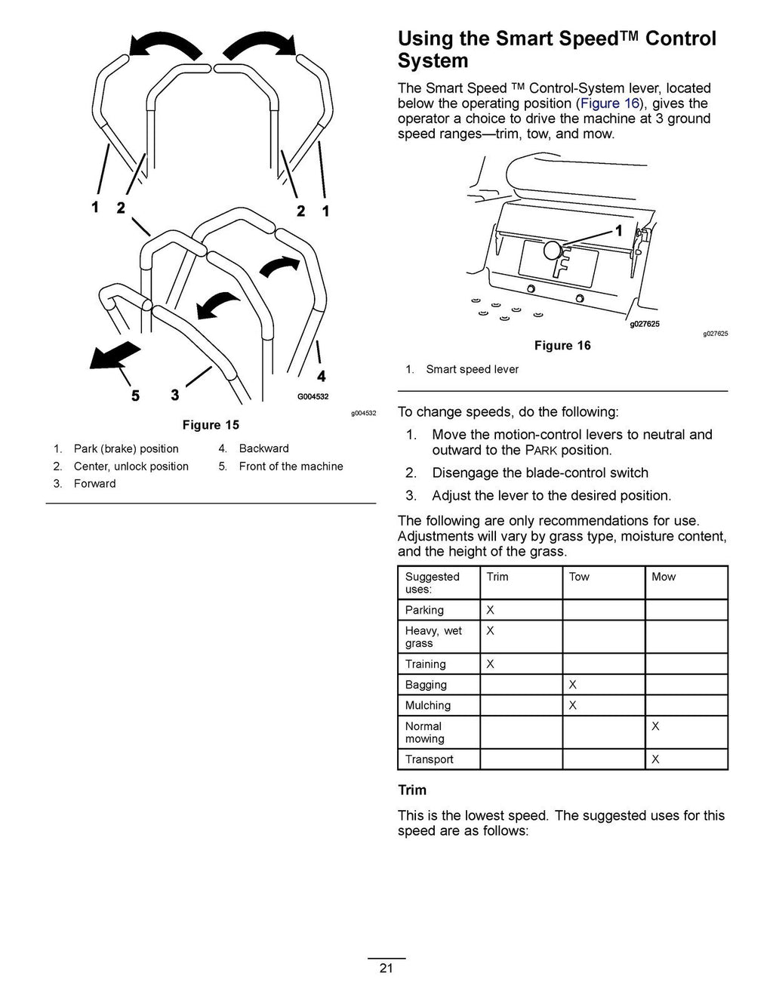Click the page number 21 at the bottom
(x=386, y=969)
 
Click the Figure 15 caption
(x=211, y=425)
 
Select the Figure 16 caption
(x=562, y=346)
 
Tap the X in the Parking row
(x=490, y=610)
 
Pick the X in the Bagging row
(x=572, y=685)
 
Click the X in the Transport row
(x=655, y=759)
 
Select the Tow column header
(x=579, y=577)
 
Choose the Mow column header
(x=664, y=577)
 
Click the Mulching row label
(x=427, y=705)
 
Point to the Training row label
(x=425, y=664)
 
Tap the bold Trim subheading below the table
(x=412, y=790)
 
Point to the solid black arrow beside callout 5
(x=115, y=355)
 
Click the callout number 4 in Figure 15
(x=322, y=376)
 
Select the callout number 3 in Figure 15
(x=175, y=395)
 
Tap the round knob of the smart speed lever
(x=553, y=249)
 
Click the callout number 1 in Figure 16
(x=619, y=231)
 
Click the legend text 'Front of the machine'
(x=291, y=467)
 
